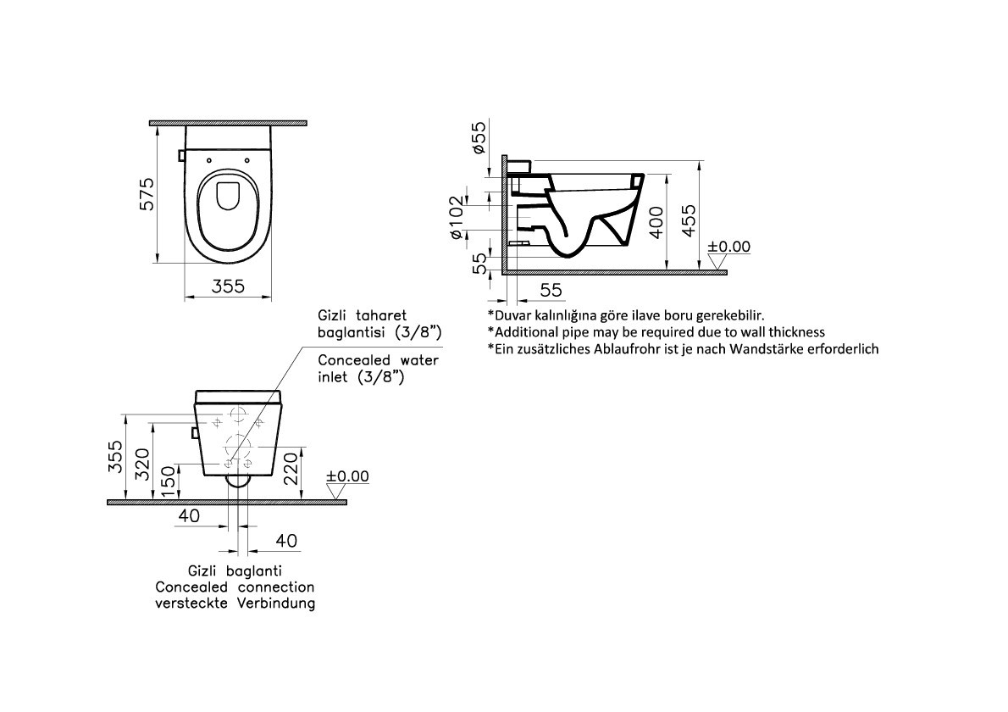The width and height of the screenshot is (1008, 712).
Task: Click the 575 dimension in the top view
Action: coord(147,193)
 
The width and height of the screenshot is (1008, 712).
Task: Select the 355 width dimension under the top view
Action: coord(228,286)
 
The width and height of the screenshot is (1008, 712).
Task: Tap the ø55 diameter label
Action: coord(478,137)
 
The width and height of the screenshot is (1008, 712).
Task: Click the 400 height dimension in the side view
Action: coord(656,223)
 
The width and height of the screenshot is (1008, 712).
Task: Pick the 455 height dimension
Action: coord(688,220)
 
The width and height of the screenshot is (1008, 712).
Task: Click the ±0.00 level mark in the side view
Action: coord(729,247)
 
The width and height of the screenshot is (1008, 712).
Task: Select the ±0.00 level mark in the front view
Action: coord(348,476)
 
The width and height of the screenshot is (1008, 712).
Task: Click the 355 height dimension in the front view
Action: coord(115,457)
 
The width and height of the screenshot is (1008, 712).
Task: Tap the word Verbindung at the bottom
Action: coord(276,604)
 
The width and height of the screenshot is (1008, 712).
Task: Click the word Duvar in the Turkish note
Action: coord(511,315)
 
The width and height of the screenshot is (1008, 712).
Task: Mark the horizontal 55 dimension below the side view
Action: coord(551,290)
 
